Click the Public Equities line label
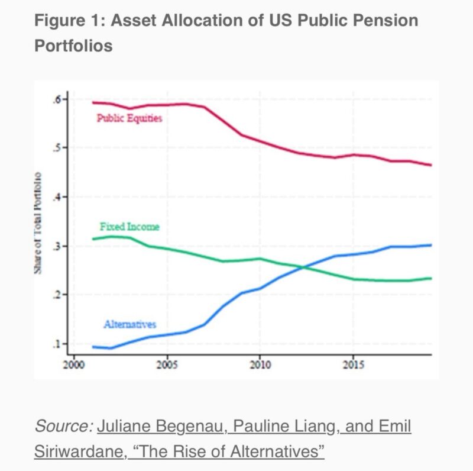[x=129, y=118]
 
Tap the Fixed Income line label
[x=129, y=227]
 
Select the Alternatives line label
[x=129, y=324]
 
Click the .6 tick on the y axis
[x=57, y=99]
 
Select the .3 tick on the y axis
[x=57, y=246]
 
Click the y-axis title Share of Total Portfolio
[x=38, y=222]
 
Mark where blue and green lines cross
[x=304, y=268]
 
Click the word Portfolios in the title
[x=73, y=45]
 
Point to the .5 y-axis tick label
[x=57, y=148]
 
